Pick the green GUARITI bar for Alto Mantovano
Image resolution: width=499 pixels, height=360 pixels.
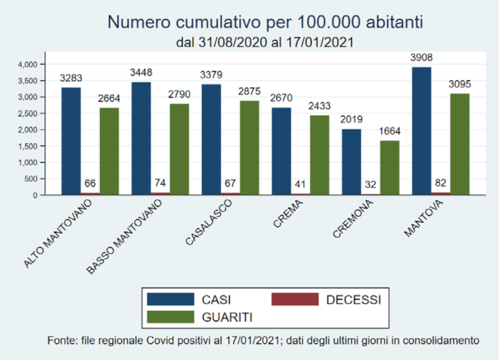[110, 151]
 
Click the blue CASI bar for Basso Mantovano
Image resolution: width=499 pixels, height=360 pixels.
[141, 138]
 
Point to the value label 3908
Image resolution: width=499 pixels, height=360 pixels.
[421, 58]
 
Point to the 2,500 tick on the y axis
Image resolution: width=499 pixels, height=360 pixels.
[29, 113]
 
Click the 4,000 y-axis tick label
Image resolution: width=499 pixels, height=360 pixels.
[29, 64]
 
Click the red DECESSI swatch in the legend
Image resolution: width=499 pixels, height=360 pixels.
[295, 299]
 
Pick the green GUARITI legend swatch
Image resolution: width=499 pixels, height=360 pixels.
[170, 317]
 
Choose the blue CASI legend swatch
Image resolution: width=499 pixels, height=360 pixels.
[170, 299]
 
